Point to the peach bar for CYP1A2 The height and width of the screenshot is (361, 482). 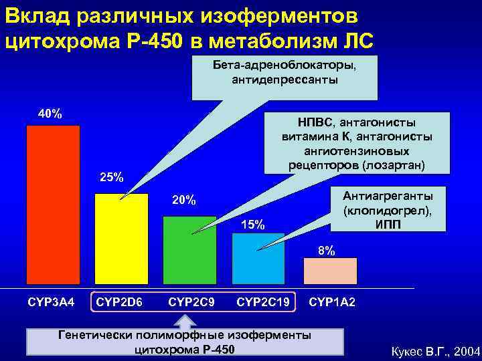(x=330, y=271)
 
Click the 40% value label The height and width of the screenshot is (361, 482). (x=50, y=114)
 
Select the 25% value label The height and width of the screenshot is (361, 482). (x=111, y=178)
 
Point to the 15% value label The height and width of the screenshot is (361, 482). (x=252, y=225)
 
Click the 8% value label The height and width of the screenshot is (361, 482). (x=327, y=251)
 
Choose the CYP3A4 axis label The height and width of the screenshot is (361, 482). (x=51, y=303)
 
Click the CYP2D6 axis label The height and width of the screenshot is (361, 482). (x=120, y=303)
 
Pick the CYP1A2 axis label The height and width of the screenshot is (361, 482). (x=332, y=303)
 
